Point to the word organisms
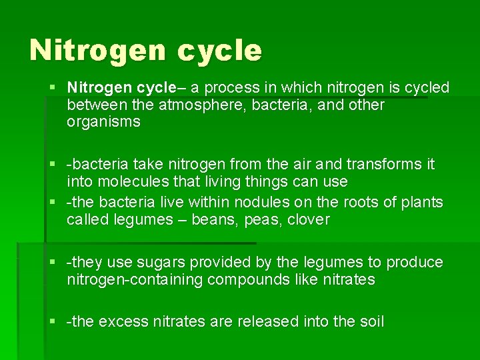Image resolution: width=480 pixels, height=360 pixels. coord(103,122)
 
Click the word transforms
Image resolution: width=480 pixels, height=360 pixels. coord(383,164)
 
